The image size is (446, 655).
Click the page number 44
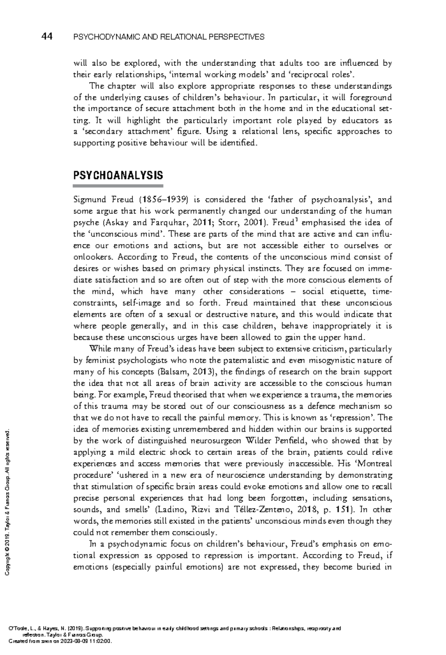tap(47, 36)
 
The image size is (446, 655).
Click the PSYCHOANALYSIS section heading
tap(118, 175)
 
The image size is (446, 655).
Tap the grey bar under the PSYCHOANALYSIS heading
tap(118, 185)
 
